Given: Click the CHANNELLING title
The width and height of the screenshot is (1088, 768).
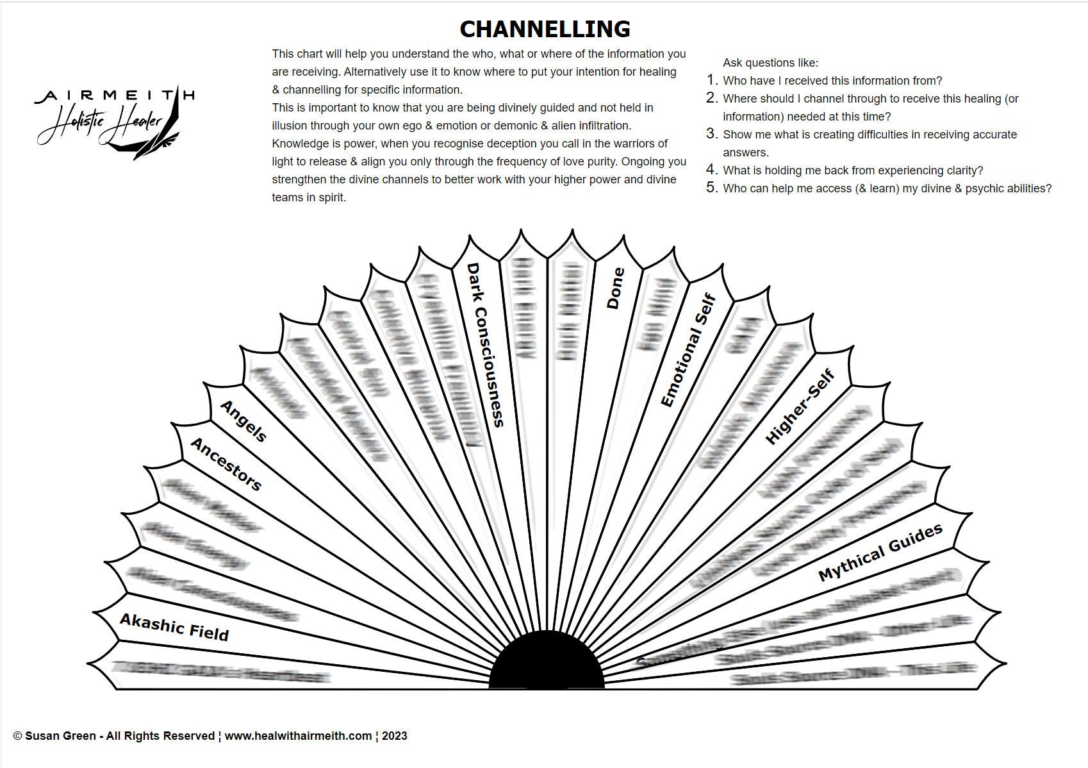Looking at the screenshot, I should (x=545, y=29).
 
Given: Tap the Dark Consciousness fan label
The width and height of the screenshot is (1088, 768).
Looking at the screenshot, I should (x=486, y=344).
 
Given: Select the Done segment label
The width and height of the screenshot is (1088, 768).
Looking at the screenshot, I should (x=614, y=288).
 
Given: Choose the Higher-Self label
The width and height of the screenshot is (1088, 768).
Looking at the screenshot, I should (x=800, y=407).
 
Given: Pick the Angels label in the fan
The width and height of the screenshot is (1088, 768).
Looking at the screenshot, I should (x=243, y=421).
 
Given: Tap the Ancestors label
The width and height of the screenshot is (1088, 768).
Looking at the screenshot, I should (x=226, y=464).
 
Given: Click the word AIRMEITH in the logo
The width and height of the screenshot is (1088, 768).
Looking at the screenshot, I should (x=114, y=96).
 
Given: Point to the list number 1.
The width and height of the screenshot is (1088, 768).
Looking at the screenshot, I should (x=711, y=80).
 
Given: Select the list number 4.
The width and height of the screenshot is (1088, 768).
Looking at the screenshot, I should (x=711, y=170).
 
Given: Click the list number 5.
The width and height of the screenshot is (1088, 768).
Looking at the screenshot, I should (x=711, y=188).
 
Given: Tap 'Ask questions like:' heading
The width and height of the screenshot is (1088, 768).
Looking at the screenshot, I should (x=770, y=63).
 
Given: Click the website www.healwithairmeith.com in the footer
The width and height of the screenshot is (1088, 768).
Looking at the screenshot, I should (x=298, y=736).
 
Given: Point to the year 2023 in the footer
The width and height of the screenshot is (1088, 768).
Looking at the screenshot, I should (x=394, y=736).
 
